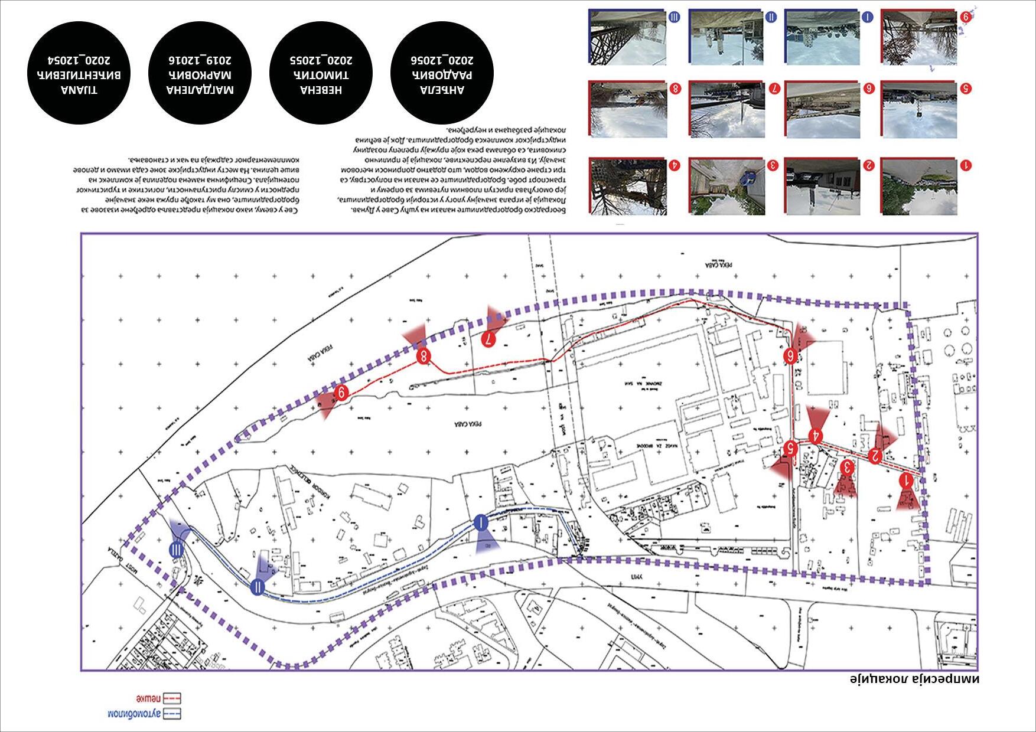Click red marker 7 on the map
(490, 339)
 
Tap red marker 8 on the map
(423, 357)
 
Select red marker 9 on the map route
(341, 393)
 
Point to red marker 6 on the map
(791, 355)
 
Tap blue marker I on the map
(481, 522)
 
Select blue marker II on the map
(258, 587)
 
